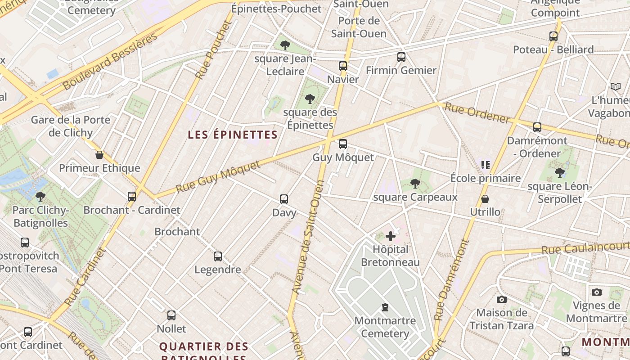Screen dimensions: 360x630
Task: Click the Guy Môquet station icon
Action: click(343, 144)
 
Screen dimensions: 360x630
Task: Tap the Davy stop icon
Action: click(284, 199)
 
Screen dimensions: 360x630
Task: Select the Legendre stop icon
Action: click(218, 256)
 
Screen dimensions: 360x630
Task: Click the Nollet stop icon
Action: click(171, 315)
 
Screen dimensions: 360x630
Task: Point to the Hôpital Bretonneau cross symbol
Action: click(391, 236)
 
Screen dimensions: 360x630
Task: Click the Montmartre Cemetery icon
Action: click(385, 308)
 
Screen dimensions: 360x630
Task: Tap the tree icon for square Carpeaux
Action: click(415, 183)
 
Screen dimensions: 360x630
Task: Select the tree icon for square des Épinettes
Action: click(310, 99)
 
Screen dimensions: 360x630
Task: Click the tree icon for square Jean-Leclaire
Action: click(285, 45)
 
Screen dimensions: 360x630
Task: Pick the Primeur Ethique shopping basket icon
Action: click(99, 155)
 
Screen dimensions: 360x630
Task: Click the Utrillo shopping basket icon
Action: click(485, 199)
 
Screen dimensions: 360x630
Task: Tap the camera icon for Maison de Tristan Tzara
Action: click(501, 299)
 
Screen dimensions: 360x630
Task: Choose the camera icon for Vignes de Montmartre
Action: click(597, 292)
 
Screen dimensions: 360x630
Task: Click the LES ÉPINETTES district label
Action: click(233, 135)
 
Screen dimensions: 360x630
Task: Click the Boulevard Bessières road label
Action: click(110, 61)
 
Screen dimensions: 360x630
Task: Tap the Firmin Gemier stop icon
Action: click(401, 57)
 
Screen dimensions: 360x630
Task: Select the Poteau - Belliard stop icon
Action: click(553, 36)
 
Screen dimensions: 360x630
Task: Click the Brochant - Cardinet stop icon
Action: click(132, 197)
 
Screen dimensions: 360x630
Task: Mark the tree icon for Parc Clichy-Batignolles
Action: click(40, 196)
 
